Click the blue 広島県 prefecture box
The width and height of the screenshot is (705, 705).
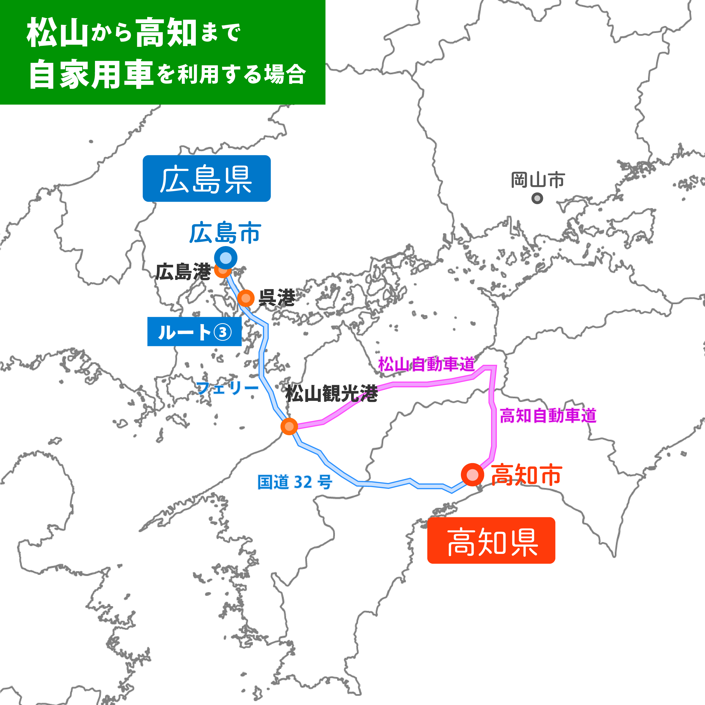point(206,178)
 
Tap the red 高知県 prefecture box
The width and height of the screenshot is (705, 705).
point(491,540)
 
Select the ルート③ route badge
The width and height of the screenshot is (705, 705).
point(194,332)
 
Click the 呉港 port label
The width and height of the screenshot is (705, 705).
point(277,298)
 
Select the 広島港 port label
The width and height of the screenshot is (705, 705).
point(183,272)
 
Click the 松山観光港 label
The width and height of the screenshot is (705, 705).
point(331,394)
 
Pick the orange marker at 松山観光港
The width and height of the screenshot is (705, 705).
point(289,426)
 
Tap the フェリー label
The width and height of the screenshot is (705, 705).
point(227,387)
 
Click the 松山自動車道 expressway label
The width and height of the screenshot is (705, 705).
point(426,364)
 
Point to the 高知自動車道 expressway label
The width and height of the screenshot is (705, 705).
point(548,416)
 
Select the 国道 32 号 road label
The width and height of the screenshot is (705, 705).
point(295,482)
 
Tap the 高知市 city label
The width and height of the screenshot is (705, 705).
point(526,475)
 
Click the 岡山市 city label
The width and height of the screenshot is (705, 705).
point(537,180)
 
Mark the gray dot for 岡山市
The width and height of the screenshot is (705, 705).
point(537,199)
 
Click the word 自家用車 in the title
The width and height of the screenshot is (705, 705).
point(91,75)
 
